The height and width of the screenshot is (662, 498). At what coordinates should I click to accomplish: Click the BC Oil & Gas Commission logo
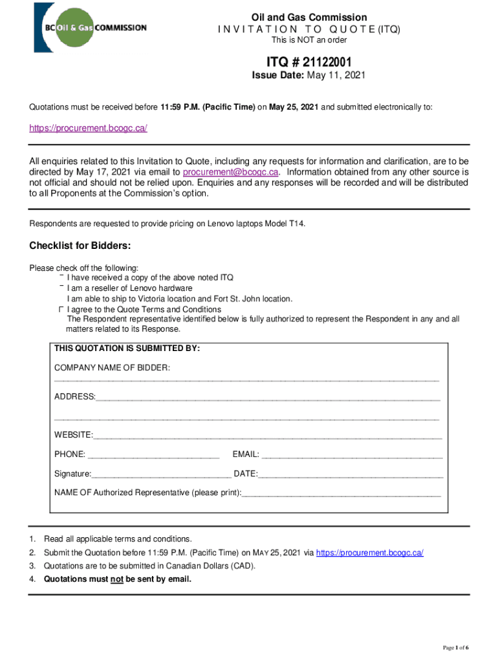[91, 28]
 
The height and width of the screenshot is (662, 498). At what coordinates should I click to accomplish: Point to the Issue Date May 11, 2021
[309, 76]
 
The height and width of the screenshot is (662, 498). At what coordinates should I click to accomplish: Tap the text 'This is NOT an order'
[309, 40]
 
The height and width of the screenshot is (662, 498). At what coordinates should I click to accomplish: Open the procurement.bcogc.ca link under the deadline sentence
[89, 128]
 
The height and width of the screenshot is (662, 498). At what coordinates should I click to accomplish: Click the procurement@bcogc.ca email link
[231, 172]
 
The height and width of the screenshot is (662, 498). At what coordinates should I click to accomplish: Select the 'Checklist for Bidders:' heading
[81, 246]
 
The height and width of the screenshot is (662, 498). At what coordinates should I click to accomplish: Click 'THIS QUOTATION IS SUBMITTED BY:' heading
[127, 348]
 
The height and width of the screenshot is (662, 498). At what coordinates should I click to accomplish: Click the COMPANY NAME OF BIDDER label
[112, 368]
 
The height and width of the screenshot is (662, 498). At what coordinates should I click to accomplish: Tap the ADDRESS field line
[268, 397]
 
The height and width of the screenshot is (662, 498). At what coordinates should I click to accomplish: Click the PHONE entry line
[153, 455]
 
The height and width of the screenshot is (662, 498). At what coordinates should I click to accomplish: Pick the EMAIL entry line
[352, 455]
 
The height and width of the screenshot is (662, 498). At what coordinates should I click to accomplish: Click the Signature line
[161, 475]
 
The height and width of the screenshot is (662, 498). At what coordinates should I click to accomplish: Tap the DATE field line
[351, 475]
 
